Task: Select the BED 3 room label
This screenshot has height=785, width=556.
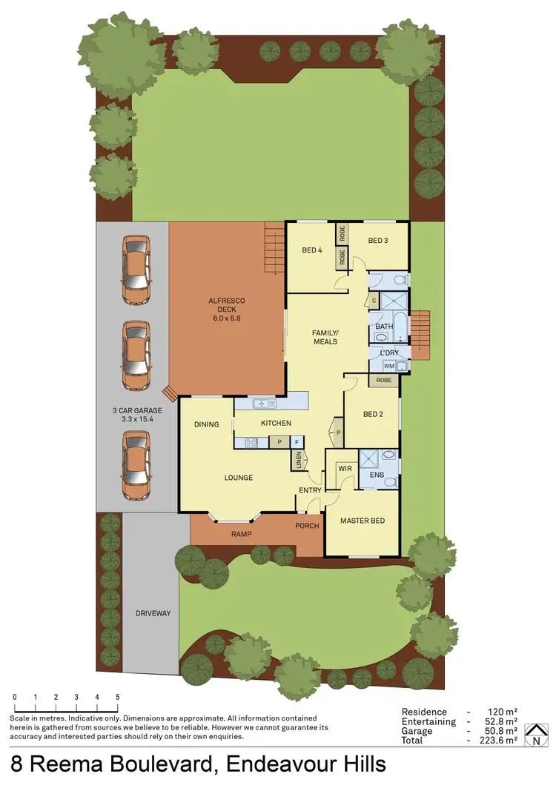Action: click(377, 240)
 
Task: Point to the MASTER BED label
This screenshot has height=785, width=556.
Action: click(362, 521)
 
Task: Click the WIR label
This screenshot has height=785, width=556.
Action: click(344, 469)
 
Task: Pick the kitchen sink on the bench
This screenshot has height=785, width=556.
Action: click(263, 403)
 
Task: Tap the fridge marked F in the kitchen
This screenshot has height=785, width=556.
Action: click(297, 442)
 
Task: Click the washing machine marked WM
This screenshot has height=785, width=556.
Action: click(388, 366)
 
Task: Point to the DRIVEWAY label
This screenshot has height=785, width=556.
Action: click(153, 613)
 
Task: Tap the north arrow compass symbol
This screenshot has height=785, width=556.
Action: click(533, 736)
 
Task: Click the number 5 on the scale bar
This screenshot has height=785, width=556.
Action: click(117, 698)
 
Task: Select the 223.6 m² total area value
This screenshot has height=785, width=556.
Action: click(500, 740)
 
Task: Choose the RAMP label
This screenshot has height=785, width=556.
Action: click(240, 533)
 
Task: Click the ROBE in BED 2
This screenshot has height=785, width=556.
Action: click(383, 381)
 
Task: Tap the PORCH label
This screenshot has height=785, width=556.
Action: click(307, 527)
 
